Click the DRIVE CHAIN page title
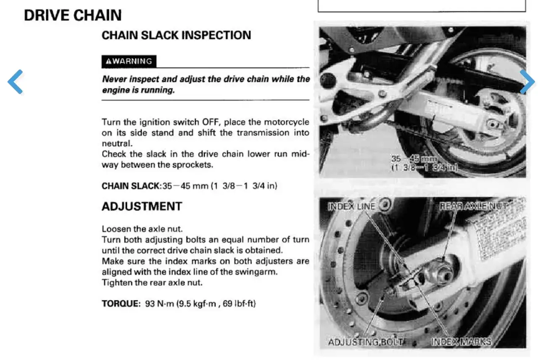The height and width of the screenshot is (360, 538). (x=73, y=15)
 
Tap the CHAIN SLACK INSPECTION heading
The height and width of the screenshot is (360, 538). (x=176, y=35)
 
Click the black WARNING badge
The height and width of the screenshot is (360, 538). (x=129, y=61)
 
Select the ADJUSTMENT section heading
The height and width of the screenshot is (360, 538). (x=142, y=206)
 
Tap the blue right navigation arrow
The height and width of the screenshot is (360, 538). (x=527, y=82)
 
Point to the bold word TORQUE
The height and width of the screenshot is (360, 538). (x=121, y=304)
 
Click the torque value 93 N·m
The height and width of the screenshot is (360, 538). (x=159, y=304)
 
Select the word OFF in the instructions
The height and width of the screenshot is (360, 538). (x=211, y=122)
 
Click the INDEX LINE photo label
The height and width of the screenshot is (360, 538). (x=351, y=206)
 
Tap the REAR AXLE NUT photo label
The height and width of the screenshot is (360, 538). (x=473, y=206)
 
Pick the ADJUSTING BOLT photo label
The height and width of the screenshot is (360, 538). (x=366, y=342)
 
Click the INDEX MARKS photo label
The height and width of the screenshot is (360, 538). (x=461, y=342)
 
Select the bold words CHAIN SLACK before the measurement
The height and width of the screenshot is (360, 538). (x=130, y=186)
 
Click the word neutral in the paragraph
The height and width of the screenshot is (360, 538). (x=117, y=143)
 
